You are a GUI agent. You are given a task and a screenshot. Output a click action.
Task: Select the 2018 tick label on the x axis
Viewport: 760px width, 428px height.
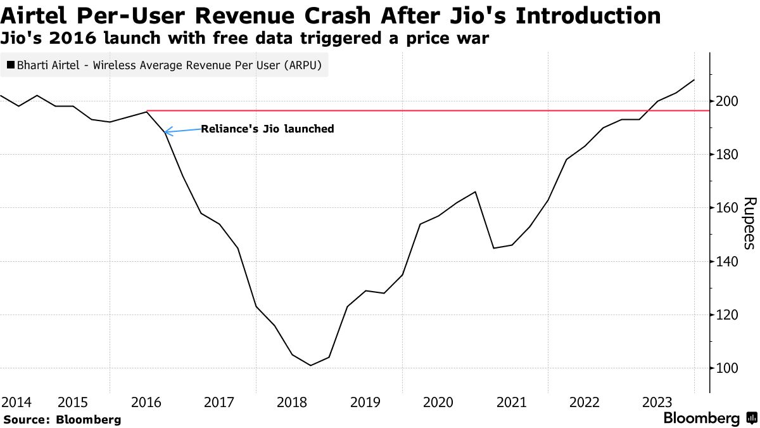click(x=293, y=402)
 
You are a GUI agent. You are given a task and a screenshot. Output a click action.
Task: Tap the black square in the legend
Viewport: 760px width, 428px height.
click(x=11, y=65)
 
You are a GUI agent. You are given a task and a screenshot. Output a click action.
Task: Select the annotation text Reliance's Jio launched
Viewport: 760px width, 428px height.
click(x=267, y=129)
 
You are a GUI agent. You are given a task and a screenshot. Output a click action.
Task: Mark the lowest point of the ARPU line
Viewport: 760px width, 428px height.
click(x=310, y=365)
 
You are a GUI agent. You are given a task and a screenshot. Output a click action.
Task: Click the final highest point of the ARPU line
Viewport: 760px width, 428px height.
click(x=694, y=80)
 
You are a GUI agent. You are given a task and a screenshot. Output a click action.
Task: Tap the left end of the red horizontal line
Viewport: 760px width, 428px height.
click(x=148, y=111)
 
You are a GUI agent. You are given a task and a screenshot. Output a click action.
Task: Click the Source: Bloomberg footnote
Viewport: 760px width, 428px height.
click(x=62, y=419)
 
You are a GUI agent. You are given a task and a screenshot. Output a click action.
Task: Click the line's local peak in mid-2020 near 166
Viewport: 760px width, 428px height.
click(x=475, y=191)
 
